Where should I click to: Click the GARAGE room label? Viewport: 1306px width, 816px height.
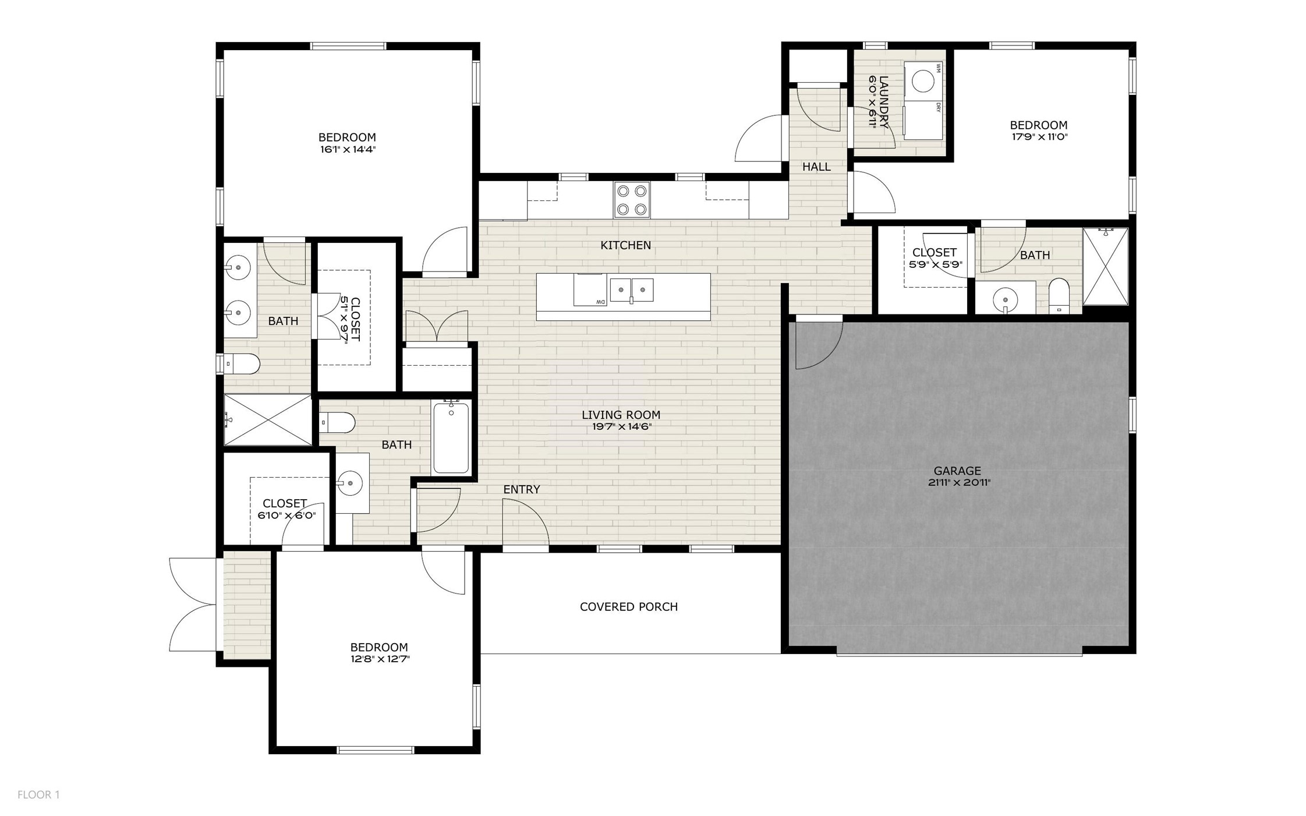957,471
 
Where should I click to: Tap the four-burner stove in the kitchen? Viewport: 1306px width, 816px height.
632,200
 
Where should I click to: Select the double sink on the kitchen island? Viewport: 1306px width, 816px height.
631,289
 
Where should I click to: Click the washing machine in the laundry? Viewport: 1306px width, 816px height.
922,82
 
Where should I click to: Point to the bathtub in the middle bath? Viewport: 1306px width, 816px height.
451,438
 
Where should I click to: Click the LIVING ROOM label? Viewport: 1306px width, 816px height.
621,415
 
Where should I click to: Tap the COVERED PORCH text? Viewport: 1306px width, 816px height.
628,607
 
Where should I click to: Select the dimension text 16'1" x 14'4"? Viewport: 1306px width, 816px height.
347,150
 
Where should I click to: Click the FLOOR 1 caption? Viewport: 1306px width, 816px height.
38,794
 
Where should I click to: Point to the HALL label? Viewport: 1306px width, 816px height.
816,167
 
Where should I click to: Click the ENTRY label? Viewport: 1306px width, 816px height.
521,490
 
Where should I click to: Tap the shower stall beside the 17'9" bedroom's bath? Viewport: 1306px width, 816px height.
1105,266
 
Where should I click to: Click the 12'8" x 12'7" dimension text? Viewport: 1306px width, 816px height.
379,659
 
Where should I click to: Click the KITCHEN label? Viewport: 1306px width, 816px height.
625,245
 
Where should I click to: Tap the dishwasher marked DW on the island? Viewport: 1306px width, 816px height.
589,289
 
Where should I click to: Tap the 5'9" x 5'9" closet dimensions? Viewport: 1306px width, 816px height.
935,264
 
